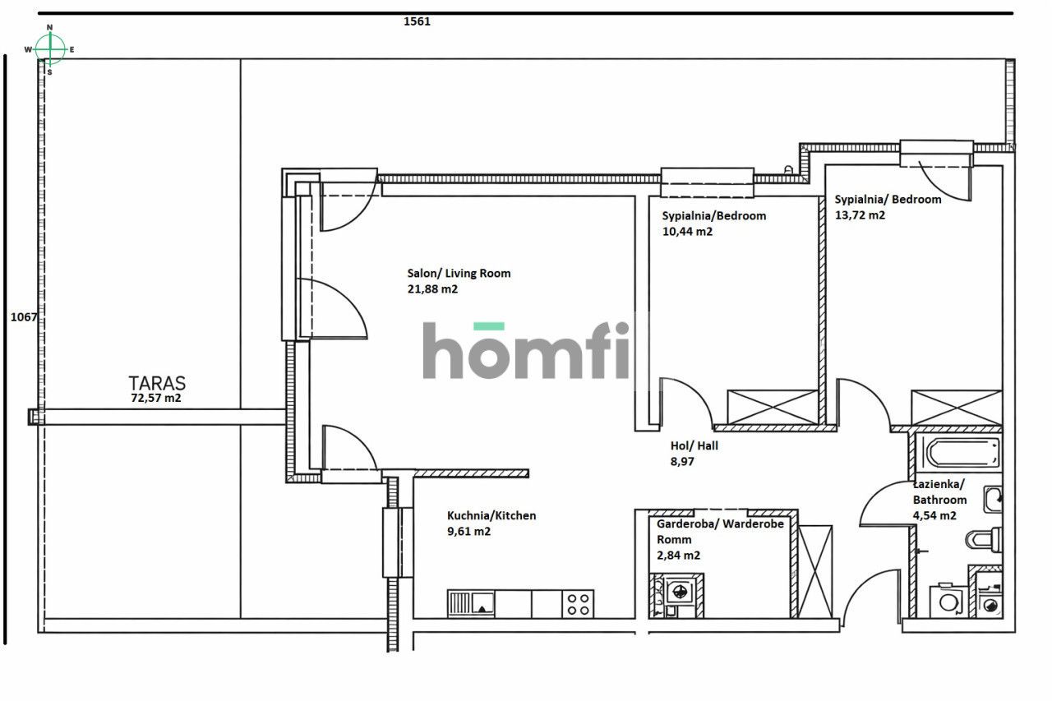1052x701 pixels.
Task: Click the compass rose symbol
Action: (50, 49)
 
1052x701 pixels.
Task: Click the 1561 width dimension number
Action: (417, 22)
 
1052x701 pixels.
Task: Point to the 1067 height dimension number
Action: (23, 317)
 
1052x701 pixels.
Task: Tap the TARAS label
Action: (157, 383)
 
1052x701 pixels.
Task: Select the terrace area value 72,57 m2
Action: (156, 398)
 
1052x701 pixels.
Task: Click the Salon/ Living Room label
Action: (459, 273)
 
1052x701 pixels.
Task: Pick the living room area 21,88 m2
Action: (432, 288)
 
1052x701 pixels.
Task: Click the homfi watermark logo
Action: (526, 351)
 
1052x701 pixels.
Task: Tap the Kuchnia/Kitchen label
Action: (491, 515)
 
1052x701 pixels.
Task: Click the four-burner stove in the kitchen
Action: (578, 604)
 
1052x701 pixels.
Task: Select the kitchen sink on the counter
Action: (472, 604)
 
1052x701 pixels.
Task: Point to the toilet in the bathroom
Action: (983, 540)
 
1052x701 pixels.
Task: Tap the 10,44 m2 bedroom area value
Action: (687, 232)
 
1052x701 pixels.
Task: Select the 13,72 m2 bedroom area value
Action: (860, 215)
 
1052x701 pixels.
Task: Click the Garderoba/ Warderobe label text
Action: (721, 523)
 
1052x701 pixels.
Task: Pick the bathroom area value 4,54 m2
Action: (934, 515)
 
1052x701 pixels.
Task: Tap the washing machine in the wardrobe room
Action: (679, 590)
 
